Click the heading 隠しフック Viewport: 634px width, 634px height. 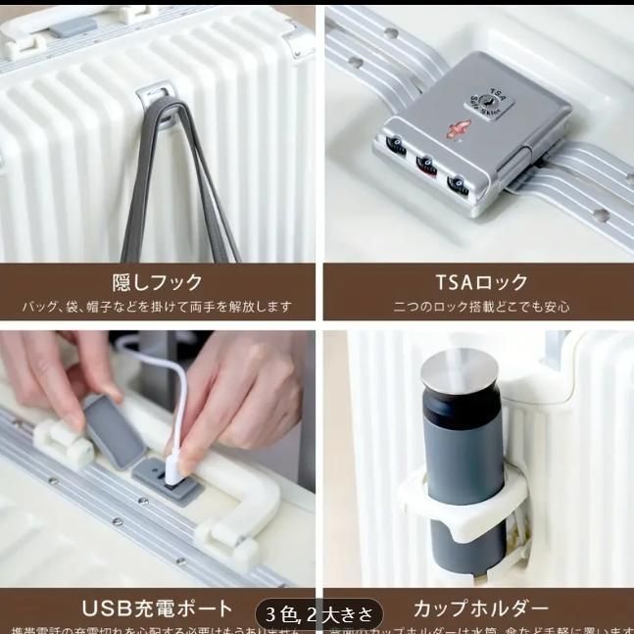(x=157, y=282)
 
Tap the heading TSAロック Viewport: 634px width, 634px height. (x=480, y=282)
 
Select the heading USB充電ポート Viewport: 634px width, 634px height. (x=157, y=610)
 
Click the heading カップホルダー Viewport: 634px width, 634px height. (x=480, y=610)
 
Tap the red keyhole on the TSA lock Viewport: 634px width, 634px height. (x=455, y=131)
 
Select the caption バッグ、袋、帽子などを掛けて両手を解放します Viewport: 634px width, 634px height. (x=157, y=307)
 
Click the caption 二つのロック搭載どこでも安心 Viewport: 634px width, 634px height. (x=480, y=307)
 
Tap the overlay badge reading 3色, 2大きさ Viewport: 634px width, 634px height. (x=318, y=614)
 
